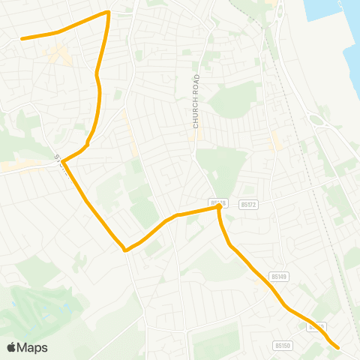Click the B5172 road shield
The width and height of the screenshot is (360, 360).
coord(248,203)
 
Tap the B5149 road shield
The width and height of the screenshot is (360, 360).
coord(280,277)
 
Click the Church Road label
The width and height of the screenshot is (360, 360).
coord(196,101)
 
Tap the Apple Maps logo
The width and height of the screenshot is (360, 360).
coord(27,347)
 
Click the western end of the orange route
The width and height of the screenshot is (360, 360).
coord(21,38)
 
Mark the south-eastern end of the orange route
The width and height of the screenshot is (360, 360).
coord(338,347)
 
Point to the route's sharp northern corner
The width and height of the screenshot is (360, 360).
coord(109,12)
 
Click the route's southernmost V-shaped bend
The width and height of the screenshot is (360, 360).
coord(125,250)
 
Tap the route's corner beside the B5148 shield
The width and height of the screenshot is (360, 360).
coord(218,209)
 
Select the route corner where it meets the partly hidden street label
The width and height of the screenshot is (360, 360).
coord(63,161)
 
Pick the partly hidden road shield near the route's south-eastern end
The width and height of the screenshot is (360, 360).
coord(318,327)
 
